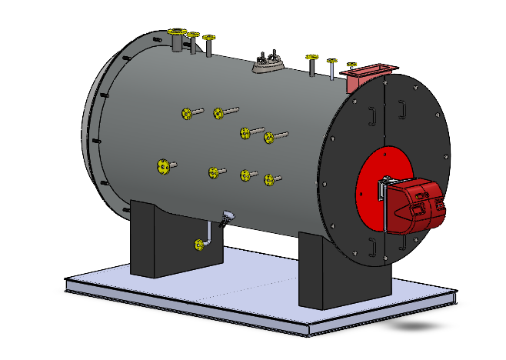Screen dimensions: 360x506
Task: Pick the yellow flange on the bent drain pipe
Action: click(x=200, y=245)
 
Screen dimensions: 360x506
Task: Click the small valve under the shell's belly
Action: click(x=225, y=221)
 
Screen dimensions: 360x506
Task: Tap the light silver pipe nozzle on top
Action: click(x=331, y=69)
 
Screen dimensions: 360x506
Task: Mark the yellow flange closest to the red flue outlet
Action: click(x=351, y=65)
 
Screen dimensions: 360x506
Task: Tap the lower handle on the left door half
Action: click(x=372, y=246)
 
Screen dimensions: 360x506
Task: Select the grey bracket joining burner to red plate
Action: click(x=383, y=189)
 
